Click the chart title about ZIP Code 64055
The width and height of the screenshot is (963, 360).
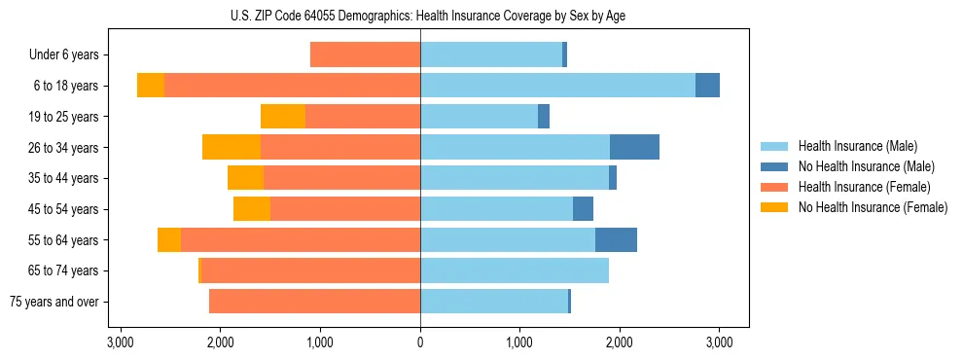click(420, 16)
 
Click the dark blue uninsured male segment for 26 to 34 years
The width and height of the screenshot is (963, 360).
click(634, 147)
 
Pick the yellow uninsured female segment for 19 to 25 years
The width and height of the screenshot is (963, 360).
click(283, 117)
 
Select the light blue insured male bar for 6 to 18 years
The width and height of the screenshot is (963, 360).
click(557, 86)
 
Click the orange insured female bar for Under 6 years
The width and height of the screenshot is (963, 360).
click(365, 55)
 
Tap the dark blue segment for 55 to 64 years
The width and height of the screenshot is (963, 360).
click(616, 239)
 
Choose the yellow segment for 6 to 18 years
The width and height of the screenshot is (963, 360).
click(151, 86)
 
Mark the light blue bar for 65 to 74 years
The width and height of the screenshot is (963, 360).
click(515, 270)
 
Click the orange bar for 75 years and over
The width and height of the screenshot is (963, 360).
click(314, 302)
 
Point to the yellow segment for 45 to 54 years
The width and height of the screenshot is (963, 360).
click(252, 209)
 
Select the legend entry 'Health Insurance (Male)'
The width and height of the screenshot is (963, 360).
click(857, 146)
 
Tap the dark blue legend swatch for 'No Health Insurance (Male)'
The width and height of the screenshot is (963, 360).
click(774, 166)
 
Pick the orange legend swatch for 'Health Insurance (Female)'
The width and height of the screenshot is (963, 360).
click(774, 187)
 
